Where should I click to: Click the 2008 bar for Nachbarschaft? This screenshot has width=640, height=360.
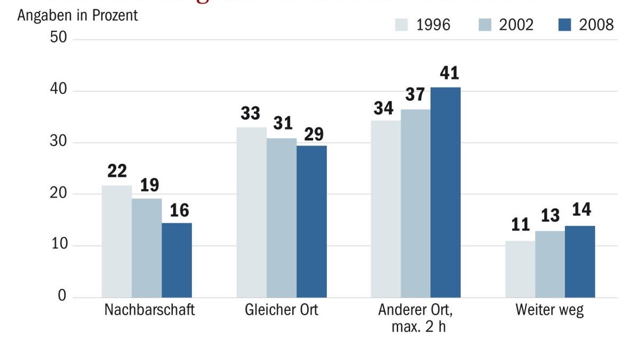tap(177, 260)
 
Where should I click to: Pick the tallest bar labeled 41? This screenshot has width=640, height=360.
tap(445, 192)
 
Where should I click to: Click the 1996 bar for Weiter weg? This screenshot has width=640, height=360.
tap(520, 269)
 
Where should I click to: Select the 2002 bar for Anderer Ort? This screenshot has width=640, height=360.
tap(415, 203)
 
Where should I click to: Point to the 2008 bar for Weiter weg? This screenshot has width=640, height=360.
tap(580, 261)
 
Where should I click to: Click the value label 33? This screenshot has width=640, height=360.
tap(250, 114)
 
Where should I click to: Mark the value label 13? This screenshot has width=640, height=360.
tap(550, 215)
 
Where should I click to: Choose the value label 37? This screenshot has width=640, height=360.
tap(415, 95)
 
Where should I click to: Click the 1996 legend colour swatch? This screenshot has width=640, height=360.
tap(402, 25)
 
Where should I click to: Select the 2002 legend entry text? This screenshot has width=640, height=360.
tap(516, 25)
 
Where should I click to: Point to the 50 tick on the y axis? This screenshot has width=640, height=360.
tap(58, 39)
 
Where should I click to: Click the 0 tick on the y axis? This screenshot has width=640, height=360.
tap(62, 297)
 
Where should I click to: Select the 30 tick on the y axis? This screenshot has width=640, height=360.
tap(58, 142)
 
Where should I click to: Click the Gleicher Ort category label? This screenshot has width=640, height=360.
tap(281, 310)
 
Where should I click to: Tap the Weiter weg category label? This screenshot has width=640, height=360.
tap(549, 310)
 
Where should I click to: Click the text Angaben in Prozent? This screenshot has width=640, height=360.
tap(77, 15)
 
